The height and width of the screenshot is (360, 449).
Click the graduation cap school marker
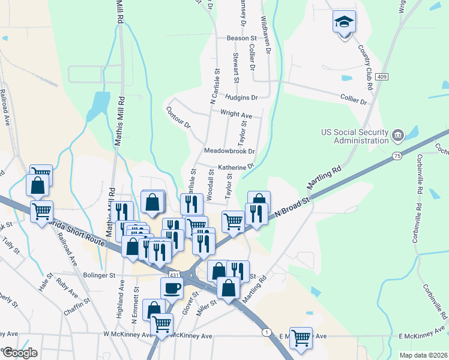pyautogui.click(x=345, y=22)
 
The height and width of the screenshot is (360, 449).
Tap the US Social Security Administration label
pyautogui.click(x=355, y=136)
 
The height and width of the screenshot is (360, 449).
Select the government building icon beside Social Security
pyautogui.click(x=397, y=137)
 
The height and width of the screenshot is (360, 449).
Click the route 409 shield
pyautogui.click(x=382, y=77)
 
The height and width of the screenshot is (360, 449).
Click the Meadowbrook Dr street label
pyautogui.click(x=229, y=151)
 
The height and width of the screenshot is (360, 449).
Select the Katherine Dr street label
pyautogui.click(x=236, y=167)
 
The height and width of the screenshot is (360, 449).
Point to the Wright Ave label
pyautogui.click(x=236, y=113)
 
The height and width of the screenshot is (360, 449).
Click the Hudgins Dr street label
pyautogui.click(x=241, y=97)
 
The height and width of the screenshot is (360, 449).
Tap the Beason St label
pyautogui.click(x=225, y=38)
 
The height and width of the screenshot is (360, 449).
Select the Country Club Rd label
pyautogui.click(x=366, y=68)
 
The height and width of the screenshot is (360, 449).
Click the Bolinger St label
pyautogui.click(x=99, y=275)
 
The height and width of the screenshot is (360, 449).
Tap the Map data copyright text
pyautogui.click(x=423, y=355)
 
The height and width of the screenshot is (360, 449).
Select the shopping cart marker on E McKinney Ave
pyautogui.click(x=301, y=337)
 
